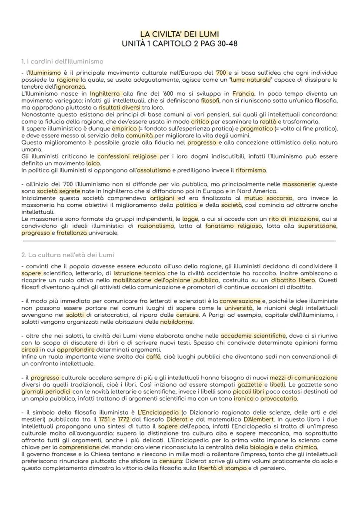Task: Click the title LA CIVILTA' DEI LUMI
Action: [180, 34]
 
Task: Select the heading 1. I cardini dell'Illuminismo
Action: [62, 61]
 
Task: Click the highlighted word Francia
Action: [243, 93]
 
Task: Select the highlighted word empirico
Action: [124, 129]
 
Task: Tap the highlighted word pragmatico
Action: [257, 129]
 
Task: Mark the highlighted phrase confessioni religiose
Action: [127, 156]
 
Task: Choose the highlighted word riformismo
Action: [251, 170]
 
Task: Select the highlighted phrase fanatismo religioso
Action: [233, 226]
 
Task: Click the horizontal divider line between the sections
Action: [179, 240]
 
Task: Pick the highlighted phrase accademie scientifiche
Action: [253, 336]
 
